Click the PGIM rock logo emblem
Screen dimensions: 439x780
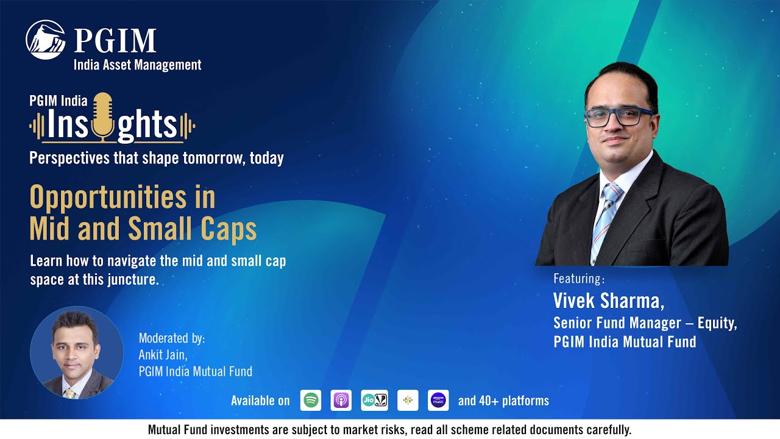point(46,40)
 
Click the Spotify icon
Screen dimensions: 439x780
point(311,401)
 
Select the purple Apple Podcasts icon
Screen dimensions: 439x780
point(341,401)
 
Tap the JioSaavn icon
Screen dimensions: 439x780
point(374,401)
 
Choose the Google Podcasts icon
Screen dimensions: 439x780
point(408,401)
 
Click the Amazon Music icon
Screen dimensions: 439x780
point(438,401)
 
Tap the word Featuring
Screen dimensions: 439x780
point(578,279)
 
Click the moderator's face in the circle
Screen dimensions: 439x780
point(74,344)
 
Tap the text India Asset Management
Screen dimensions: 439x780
point(137,65)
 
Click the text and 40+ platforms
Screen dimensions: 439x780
point(503,401)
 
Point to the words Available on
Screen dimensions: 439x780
point(260,401)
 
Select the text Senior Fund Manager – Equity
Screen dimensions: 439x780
point(645,323)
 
